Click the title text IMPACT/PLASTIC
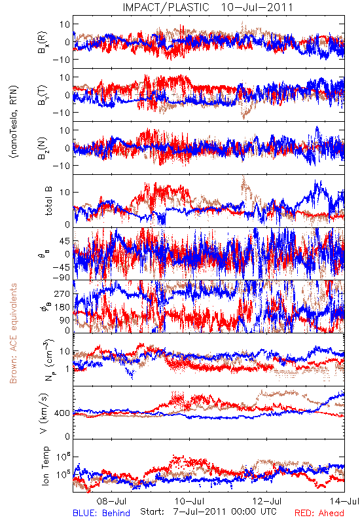(166, 7)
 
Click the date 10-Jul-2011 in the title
(257, 7)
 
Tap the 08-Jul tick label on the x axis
(111, 501)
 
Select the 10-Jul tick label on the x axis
(189, 501)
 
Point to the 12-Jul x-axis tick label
(267, 501)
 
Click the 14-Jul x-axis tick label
(344, 501)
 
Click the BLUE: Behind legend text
(101, 513)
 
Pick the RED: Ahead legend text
(319, 513)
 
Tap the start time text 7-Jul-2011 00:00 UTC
(225, 512)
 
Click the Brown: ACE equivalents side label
(13, 333)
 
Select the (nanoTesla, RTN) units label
(14, 122)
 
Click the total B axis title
(48, 201)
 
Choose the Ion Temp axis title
(45, 466)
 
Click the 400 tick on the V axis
(62, 413)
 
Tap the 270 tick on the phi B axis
(62, 293)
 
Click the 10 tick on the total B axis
(65, 192)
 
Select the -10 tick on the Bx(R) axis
(61, 60)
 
